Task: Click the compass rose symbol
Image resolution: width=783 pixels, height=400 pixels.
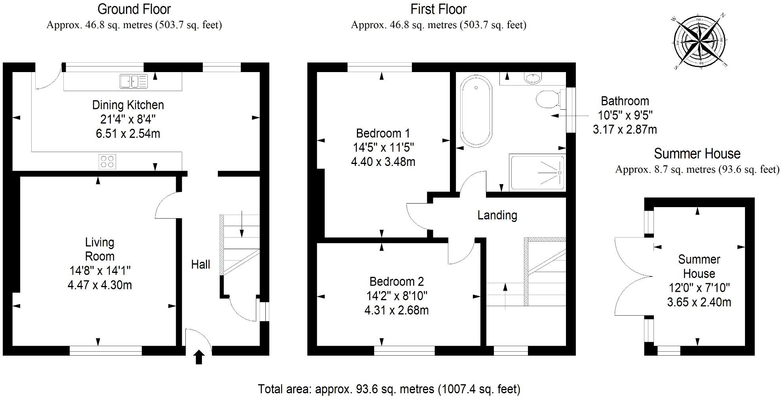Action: tap(700, 41)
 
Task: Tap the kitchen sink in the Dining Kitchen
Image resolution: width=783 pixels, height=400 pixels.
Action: tap(133, 81)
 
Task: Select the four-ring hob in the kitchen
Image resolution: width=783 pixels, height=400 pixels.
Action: tap(107, 161)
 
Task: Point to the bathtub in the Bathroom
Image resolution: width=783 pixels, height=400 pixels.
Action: tap(476, 111)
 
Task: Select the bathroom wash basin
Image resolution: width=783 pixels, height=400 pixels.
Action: tap(532, 78)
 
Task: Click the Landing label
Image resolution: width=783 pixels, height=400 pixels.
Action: tap(497, 215)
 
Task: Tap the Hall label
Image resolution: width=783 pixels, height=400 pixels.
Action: tap(200, 265)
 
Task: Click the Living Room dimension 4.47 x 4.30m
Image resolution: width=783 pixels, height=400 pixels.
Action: tap(99, 285)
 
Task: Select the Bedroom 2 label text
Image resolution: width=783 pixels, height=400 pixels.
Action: tap(396, 282)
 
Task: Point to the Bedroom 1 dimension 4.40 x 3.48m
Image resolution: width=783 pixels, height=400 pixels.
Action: tap(383, 162)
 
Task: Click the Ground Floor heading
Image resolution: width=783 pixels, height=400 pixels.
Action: tap(134, 9)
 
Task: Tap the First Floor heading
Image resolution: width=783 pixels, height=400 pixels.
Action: tap(438, 9)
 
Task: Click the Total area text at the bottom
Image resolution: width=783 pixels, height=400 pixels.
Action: tap(389, 389)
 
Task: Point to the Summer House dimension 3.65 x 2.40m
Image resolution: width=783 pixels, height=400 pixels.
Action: tap(699, 303)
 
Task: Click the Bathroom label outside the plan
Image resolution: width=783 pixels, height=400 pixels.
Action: tap(625, 101)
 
